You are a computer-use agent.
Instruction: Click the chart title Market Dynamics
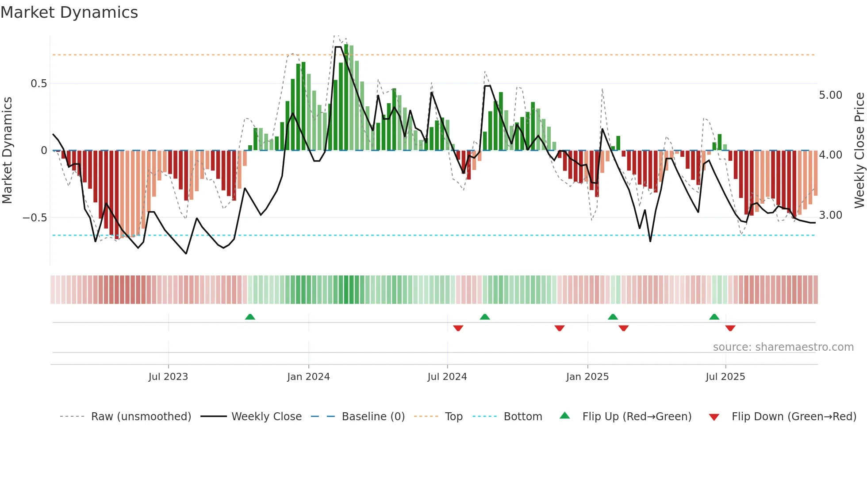click(69, 12)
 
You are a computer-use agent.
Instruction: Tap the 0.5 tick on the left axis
click(38, 84)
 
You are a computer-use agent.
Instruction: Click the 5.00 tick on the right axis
click(830, 95)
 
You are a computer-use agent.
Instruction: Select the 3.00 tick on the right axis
click(830, 215)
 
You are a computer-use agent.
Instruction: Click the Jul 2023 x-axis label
click(168, 377)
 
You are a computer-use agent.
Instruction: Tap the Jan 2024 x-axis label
click(308, 377)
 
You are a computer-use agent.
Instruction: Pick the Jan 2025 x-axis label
click(587, 377)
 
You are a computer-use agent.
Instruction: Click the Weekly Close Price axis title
click(859, 150)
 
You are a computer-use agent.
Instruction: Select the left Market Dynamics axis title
click(7, 150)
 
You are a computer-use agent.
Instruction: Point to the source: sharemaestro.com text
click(783, 347)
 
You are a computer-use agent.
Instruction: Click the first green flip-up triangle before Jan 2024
click(250, 317)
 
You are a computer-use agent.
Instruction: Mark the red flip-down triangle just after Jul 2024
click(458, 328)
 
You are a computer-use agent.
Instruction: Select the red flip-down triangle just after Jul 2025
click(730, 328)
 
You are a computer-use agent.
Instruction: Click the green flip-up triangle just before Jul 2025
click(714, 317)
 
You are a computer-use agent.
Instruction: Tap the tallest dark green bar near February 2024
click(346, 97)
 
